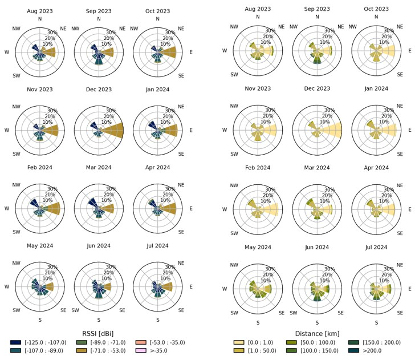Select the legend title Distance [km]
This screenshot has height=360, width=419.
point(317,333)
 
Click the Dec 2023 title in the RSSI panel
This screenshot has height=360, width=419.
point(99,89)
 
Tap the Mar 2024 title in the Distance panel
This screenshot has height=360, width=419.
point(317,168)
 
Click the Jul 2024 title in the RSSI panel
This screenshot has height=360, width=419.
point(157,246)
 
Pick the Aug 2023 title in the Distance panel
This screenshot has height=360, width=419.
point(258,9)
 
